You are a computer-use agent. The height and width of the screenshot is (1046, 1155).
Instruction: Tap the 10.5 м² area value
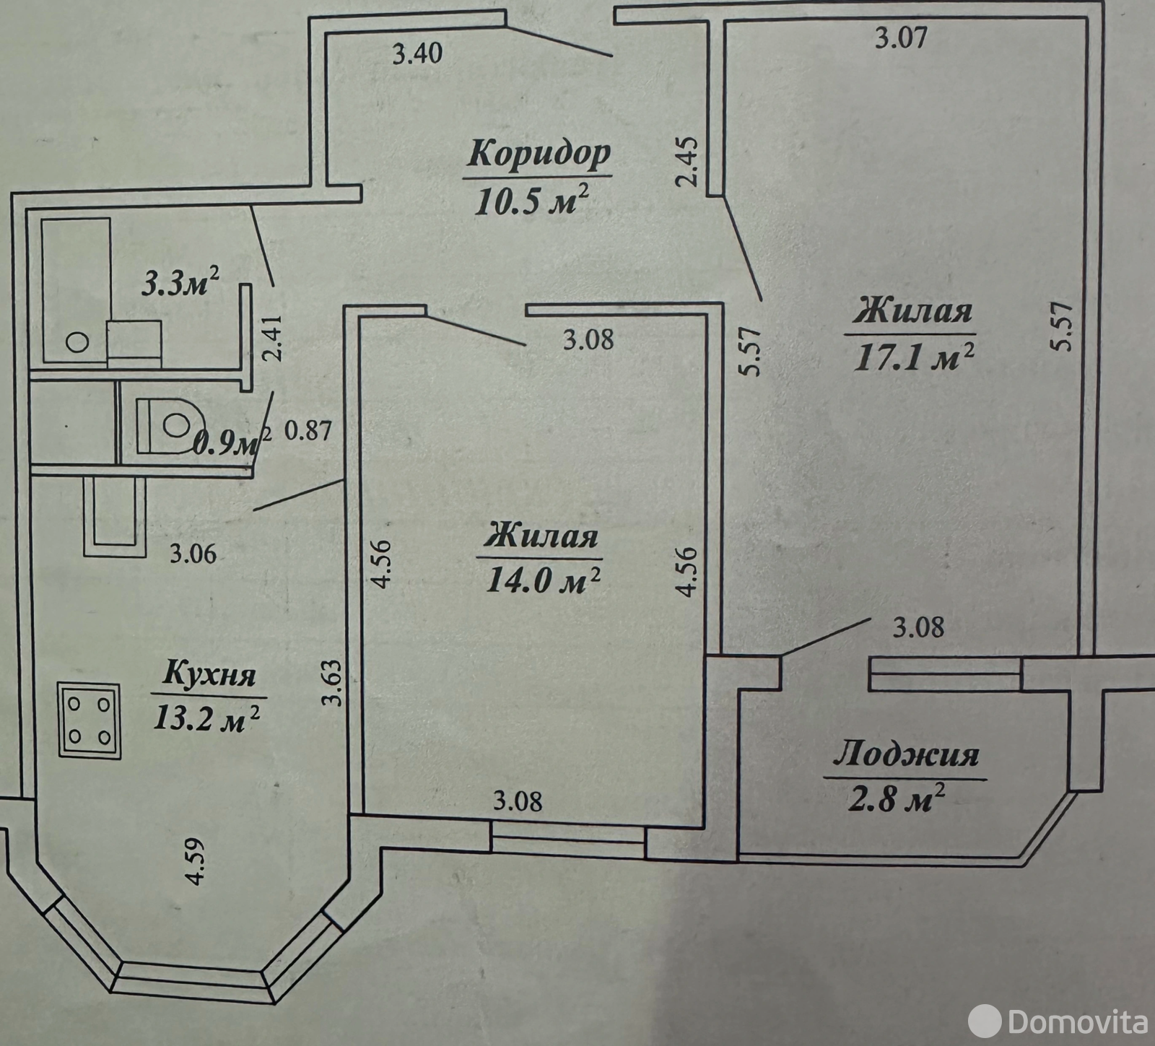530,200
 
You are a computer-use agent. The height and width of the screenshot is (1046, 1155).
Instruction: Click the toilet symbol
170,425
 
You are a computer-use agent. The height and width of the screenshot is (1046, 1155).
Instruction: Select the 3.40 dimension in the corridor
417,54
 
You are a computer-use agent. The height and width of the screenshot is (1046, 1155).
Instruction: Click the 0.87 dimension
308,431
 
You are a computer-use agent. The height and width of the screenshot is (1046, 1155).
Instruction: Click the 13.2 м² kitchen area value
206,718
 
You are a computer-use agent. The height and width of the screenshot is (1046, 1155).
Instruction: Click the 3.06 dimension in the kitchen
193,554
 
